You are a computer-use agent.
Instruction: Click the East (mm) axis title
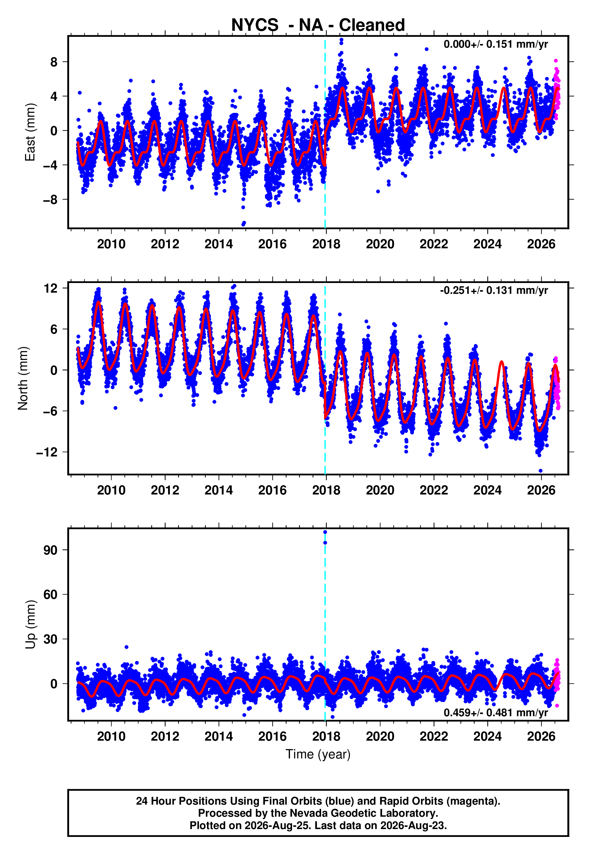click(30, 132)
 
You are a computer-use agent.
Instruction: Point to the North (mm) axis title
click(23, 378)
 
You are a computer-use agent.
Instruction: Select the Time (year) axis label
click(318, 755)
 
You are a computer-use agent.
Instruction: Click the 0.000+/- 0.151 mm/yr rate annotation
click(495, 44)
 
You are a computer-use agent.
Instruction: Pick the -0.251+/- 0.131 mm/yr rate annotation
click(494, 290)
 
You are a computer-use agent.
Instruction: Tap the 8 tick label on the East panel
click(54, 62)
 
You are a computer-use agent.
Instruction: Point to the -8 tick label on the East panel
click(50, 199)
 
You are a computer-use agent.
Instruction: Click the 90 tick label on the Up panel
click(50, 550)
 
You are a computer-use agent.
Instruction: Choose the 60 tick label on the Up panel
click(50, 595)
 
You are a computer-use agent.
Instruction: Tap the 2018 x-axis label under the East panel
click(326, 244)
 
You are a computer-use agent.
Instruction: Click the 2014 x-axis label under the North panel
click(218, 490)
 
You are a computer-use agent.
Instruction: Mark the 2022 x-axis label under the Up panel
click(434, 736)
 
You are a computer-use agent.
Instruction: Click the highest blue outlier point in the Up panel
click(325, 532)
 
